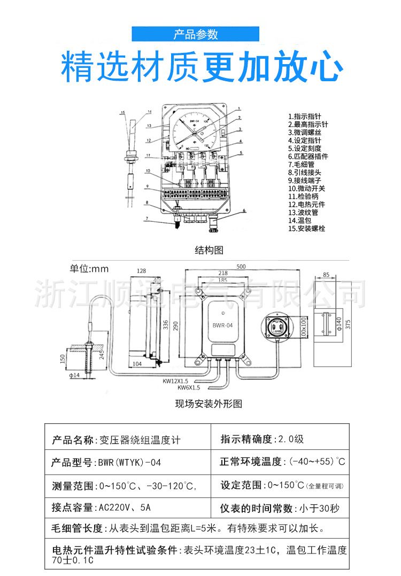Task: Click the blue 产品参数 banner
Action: [196, 35]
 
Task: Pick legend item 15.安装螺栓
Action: [306, 228]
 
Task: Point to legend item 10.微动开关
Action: [306, 188]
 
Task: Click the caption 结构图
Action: [209, 250]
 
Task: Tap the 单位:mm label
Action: [89, 268]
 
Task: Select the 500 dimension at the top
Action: [241, 266]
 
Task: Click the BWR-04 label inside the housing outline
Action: [222, 325]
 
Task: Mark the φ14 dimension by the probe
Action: [75, 376]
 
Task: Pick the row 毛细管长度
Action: [187, 529]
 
